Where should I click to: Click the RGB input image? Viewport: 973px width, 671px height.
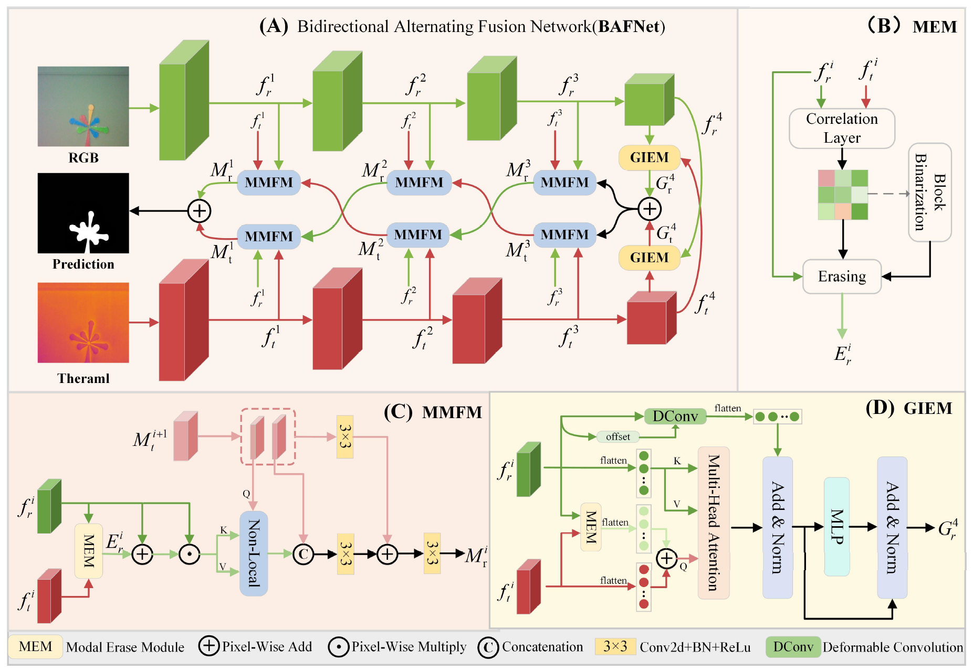83,106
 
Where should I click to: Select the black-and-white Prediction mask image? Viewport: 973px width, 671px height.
83,213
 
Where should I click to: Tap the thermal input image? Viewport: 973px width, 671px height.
83,323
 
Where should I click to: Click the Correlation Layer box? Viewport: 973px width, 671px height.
842,129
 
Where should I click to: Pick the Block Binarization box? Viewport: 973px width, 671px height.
930,192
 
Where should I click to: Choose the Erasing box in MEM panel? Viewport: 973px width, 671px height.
842,276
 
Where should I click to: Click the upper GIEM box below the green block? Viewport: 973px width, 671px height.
650,157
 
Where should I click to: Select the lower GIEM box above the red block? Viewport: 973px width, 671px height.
650,258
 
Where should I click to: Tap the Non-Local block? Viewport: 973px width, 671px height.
254,553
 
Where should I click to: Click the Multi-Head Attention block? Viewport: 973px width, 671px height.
714,523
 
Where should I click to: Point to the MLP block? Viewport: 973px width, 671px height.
836,527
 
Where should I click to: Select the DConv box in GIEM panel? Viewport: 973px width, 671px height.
675,416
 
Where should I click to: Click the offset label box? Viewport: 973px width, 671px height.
618,436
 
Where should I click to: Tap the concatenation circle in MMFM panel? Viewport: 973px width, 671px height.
303,554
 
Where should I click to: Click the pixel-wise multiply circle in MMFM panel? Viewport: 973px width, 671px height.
190,554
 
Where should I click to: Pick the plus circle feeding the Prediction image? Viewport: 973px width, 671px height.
200,211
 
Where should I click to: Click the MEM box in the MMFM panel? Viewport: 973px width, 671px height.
89,551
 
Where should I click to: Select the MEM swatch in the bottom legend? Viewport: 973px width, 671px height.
36,646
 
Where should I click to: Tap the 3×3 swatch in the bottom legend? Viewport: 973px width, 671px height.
615,646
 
